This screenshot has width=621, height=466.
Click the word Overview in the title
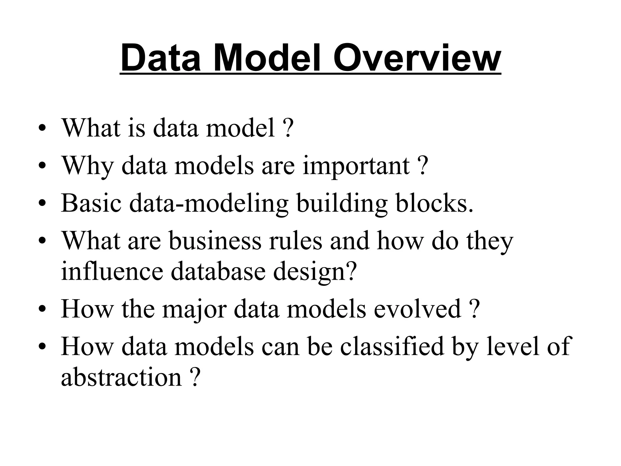417,58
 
